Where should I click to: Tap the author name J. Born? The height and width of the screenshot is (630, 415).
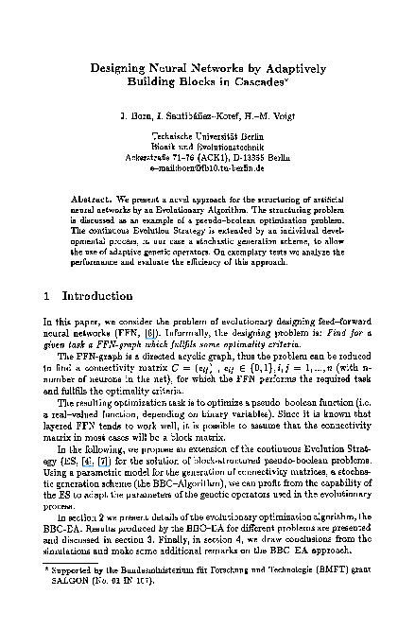[134, 117]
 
